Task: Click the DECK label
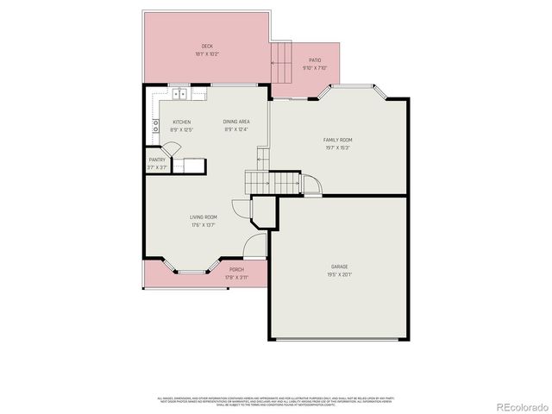point(207,47)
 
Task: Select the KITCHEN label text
point(182,122)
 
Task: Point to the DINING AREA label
point(235,122)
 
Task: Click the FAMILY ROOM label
point(337,140)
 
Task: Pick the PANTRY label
point(157,160)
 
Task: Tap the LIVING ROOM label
point(204,216)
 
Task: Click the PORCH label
point(236,270)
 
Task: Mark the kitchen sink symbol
point(180,94)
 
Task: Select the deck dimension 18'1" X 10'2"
point(207,54)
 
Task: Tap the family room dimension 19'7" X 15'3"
point(337,147)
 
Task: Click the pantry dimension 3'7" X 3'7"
point(157,167)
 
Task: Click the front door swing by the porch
point(254,245)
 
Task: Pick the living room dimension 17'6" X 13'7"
point(204,224)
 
